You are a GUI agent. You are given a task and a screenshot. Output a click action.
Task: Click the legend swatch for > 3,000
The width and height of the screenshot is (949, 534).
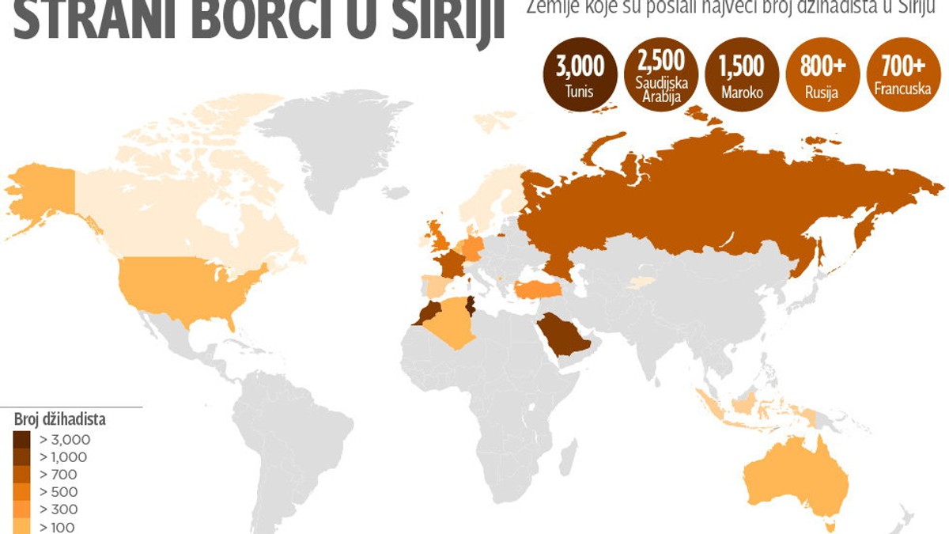coord(22,439)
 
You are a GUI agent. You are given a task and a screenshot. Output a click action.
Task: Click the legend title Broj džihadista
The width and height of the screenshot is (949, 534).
coord(59,420)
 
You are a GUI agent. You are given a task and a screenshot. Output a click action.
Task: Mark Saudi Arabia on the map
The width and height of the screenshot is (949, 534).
coord(563,335)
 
